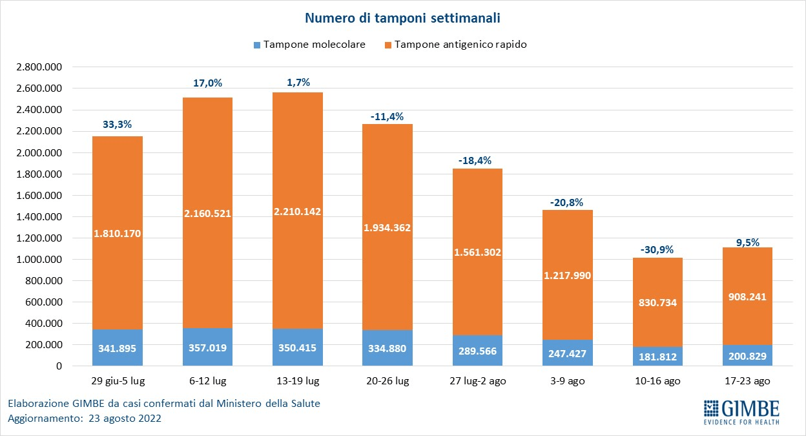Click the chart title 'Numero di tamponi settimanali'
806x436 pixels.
coord(403,17)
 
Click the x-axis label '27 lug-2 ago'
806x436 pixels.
coord(478,381)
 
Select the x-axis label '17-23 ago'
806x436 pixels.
coord(747,381)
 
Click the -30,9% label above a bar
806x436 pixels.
coord(657,249)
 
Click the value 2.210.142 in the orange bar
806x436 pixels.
coord(298,211)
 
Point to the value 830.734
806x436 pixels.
coord(657,302)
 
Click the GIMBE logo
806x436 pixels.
coord(741,411)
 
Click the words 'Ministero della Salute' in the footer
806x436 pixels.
coord(271,404)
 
